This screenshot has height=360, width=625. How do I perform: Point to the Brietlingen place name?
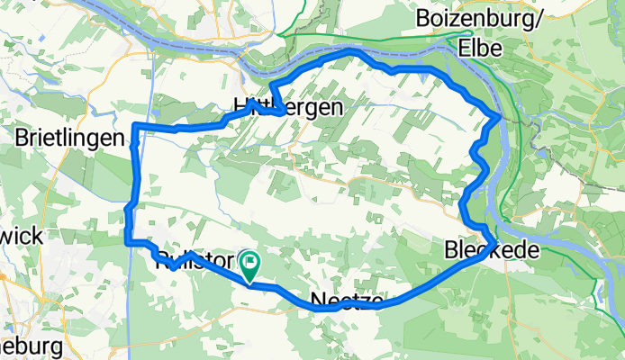pos(68,138)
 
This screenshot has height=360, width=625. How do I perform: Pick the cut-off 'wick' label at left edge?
pos(21,236)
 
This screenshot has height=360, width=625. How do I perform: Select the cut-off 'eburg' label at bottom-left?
pos(31,346)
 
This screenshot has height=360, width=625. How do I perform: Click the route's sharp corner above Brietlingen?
pos(134,124)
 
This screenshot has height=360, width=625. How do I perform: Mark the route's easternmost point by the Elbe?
pos(501,115)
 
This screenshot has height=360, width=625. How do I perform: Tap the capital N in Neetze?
pos(318,300)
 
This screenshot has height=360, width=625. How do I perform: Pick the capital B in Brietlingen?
pos(22,138)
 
